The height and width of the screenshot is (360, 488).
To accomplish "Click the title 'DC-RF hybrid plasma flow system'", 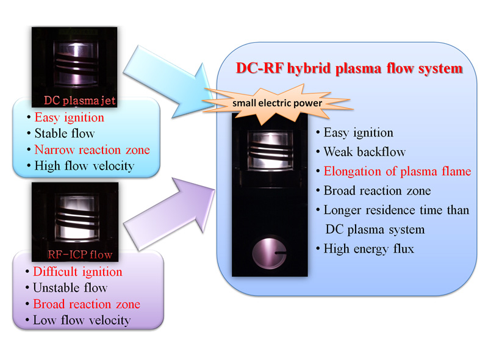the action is coord(349,68).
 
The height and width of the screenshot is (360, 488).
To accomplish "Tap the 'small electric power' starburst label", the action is coord(277,103).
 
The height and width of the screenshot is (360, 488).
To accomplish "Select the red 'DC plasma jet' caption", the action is coord(80,100).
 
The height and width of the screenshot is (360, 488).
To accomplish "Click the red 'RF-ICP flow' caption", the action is coord(80,254).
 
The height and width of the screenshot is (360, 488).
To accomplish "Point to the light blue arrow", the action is coord(170,82).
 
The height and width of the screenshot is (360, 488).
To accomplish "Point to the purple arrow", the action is coord(170,214).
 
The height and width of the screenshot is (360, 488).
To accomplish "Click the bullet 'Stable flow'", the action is coord(65,133).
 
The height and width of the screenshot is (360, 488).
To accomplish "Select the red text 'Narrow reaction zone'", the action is coord(92,149).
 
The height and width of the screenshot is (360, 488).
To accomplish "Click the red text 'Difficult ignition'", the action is coord(78,272).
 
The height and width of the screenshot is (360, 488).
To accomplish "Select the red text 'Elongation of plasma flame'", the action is coord(398,171).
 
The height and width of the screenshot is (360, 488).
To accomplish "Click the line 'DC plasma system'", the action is coord(375,229).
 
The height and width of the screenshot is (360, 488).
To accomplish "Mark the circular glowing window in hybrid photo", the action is coord(269,253).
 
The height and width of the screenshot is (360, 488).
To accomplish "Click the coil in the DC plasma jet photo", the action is coord(76,65).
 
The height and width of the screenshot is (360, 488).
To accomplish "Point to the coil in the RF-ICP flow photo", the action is coord(77,218).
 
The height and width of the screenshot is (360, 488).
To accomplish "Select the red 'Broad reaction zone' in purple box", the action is coord(87,304).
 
